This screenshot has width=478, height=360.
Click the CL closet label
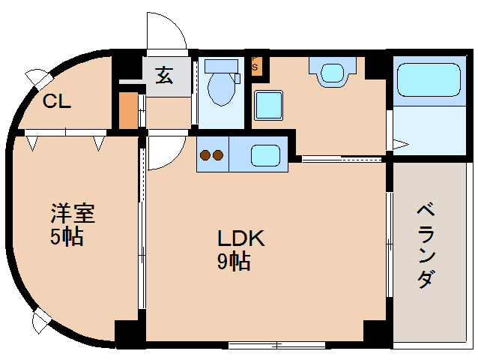pyautogui.click(x=56, y=102)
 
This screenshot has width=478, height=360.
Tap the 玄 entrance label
pyautogui.click(x=166, y=76)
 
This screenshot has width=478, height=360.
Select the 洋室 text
pyautogui.click(x=73, y=214)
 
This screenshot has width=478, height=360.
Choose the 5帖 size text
pyautogui.click(x=67, y=238)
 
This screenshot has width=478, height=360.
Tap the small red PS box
pyautogui.click(x=256, y=64)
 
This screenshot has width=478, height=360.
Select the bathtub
pyautogui.click(x=428, y=80)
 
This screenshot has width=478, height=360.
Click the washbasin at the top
pyautogui.click(x=330, y=72)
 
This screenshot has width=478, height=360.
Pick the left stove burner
pyautogui.click(x=204, y=156)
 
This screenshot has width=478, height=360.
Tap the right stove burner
pyautogui.click(x=217, y=156)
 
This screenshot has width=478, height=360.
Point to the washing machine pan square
pyautogui.click(x=268, y=104)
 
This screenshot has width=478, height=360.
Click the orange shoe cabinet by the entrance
pyautogui.click(x=128, y=110)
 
